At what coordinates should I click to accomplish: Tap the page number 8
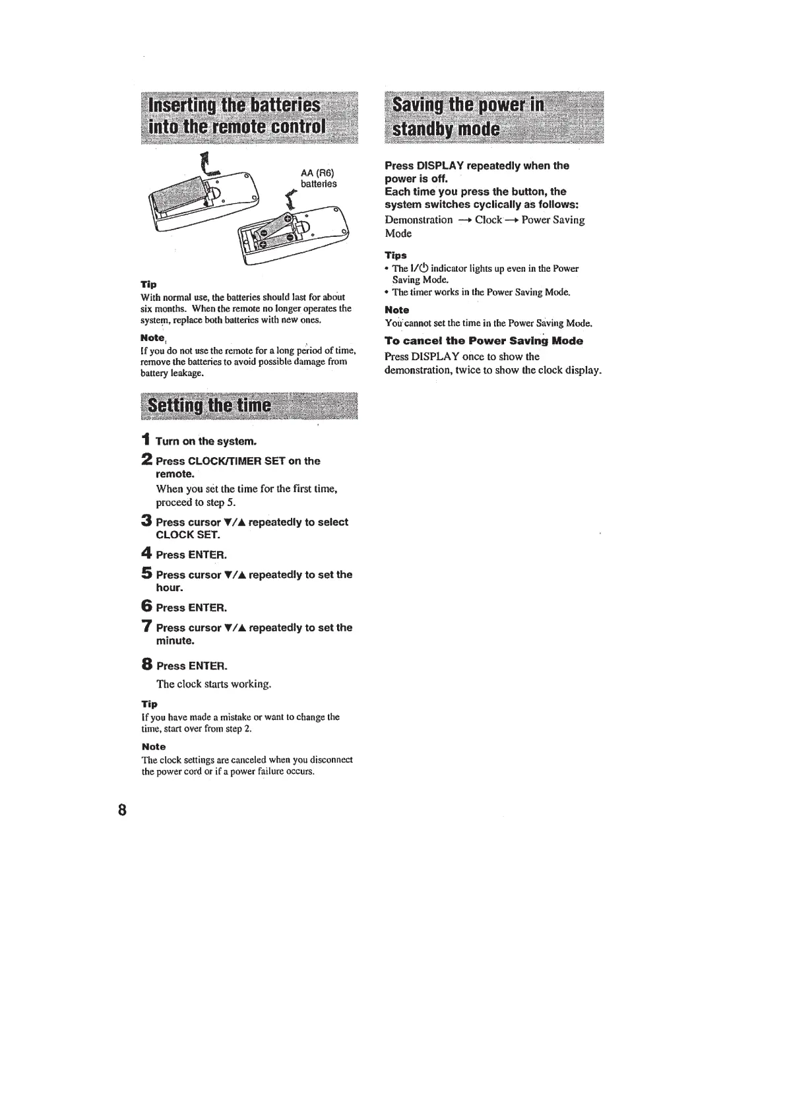[122, 809]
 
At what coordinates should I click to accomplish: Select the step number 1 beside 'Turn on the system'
[146, 440]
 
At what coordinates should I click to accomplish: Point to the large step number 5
[147, 573]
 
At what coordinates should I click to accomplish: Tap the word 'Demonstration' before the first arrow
[419, 220]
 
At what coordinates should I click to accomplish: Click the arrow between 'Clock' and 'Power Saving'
[512, 220]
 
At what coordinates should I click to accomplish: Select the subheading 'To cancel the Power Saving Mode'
[484, 341]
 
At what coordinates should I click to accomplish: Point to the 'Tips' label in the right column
[396, 255]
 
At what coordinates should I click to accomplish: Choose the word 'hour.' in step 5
[170, 588]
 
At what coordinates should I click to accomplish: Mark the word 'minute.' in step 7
[175, 641]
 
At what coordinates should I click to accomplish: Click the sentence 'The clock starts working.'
[214, 684]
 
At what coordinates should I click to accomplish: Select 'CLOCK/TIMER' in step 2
[224, 461]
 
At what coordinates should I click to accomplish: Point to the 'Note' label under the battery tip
[152, 338]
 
